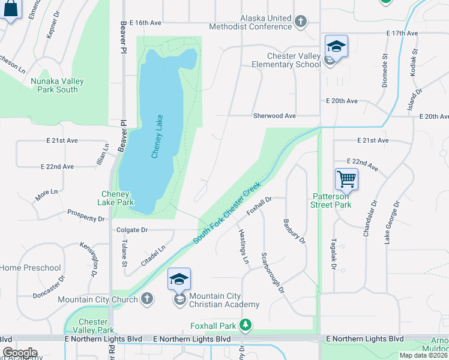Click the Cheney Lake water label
point(157,136)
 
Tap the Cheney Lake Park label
point(117,198)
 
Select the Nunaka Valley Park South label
point(58,85)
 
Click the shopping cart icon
point(347,179)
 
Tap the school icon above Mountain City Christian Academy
point(179,280)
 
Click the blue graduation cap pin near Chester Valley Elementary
point(336,46)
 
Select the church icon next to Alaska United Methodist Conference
point(301,22)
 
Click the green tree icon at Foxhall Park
point(244,326)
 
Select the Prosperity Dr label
point(86,215)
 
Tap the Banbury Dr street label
point(294,231)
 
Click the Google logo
point(20,353)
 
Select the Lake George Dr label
point(391,223)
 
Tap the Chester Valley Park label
point(96,326)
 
